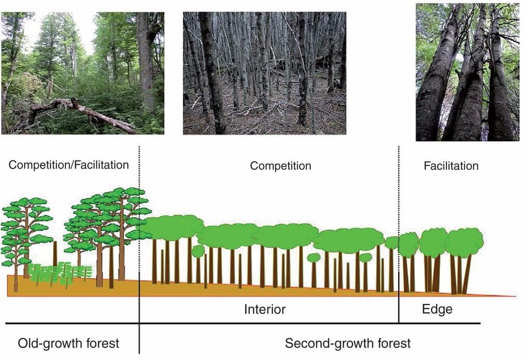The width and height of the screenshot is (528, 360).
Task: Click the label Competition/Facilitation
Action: pyautogui.click(x=69, y=165)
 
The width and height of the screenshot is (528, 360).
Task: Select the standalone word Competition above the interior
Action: pyautogui.click(x=280, y=166)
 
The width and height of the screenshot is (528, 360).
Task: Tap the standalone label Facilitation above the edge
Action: pyautogui.click(x=451, y=166)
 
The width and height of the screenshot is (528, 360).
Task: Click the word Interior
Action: pyautogui.click(x=265, y=310)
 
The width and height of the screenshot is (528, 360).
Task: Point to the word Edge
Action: pyautogui.click(x=437, y=310)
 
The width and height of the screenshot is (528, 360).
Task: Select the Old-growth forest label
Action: pyautogui.click(x=69, y=343)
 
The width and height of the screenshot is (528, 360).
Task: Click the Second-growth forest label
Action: pyautogui.click(x=347, y=343)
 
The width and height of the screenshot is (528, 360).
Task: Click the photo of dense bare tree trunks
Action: pyautogui.click(x=264, y=73)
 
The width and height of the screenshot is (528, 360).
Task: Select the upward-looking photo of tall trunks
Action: pyautogui.click(x=467, y=73)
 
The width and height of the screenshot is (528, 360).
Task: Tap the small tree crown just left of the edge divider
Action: pyautogui.click(x=392, y=242)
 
